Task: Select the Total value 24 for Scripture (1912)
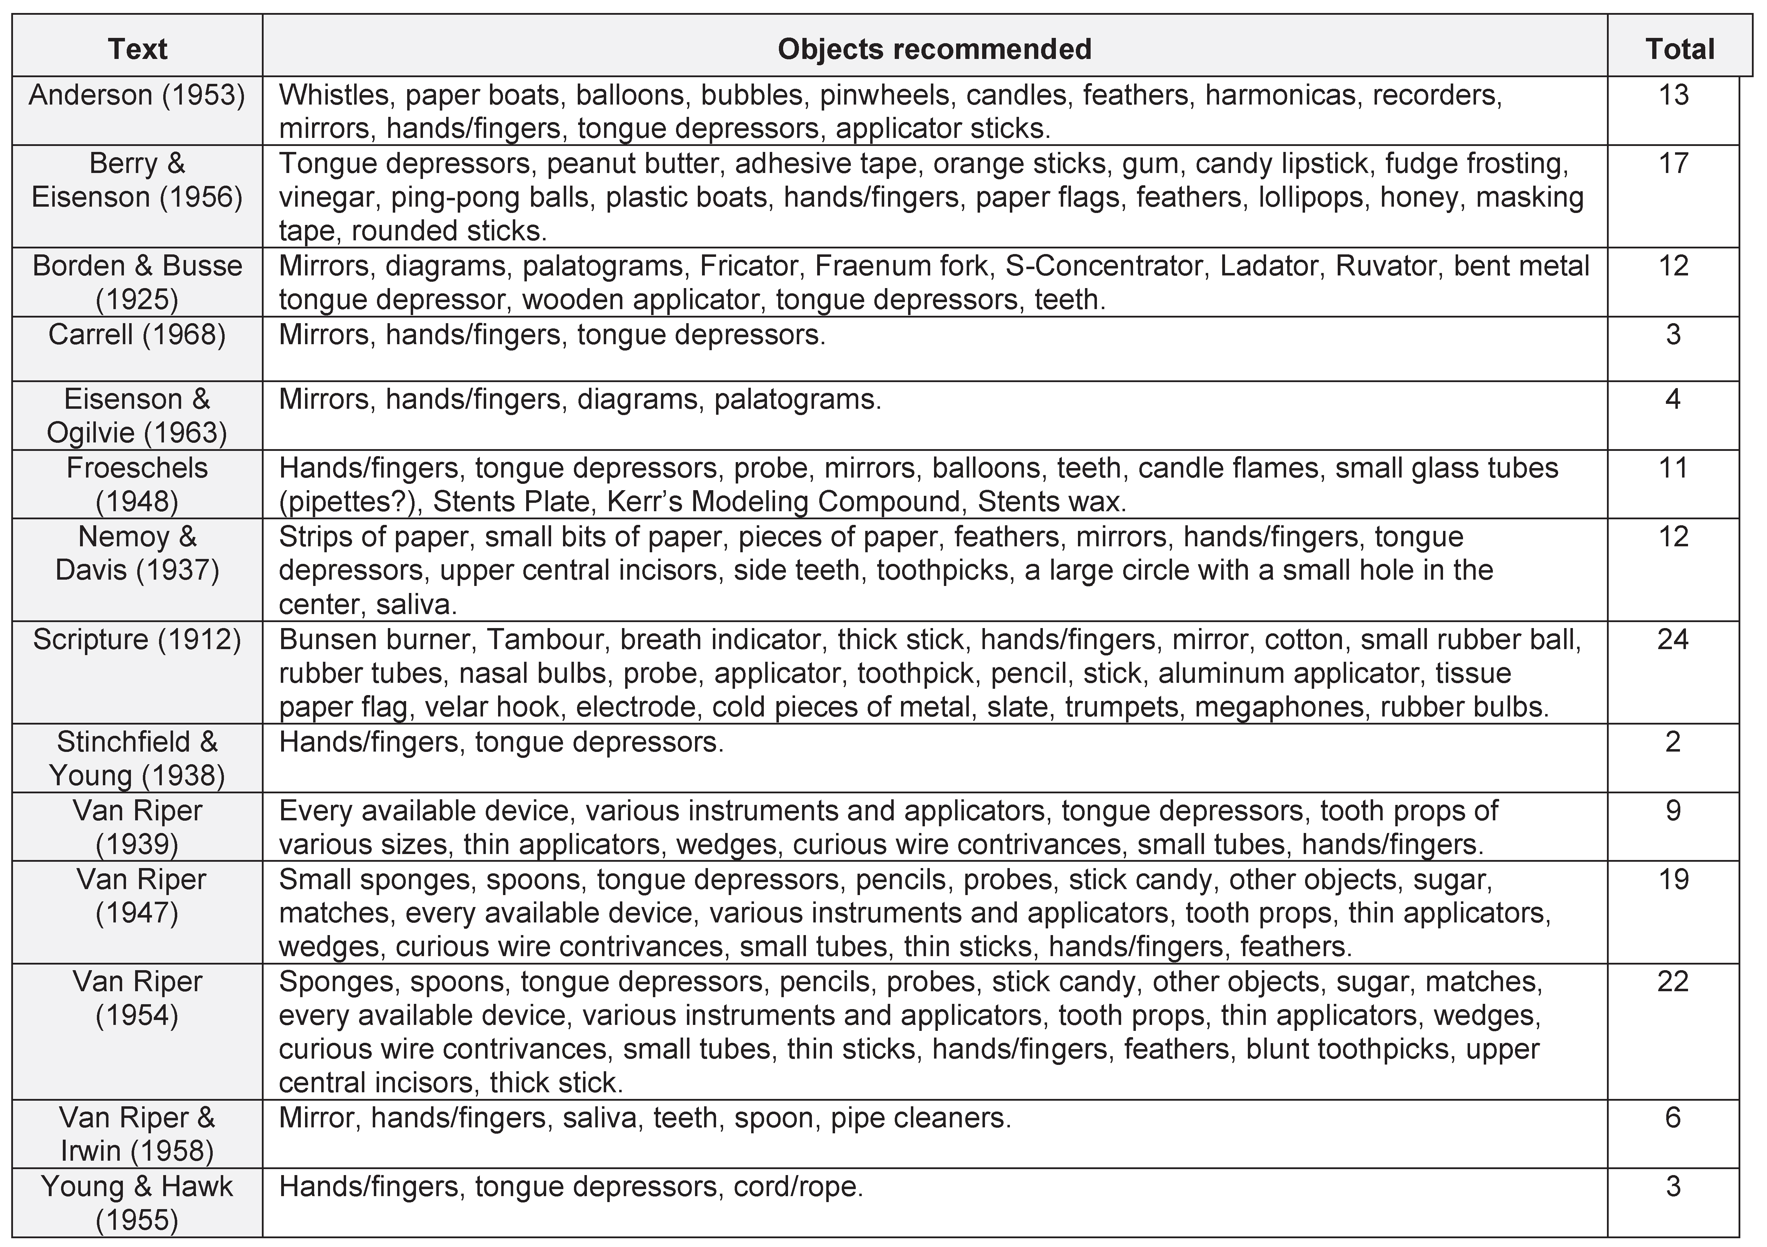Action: tap(1673, 639)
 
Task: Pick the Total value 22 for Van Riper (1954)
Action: tap(1673, 982)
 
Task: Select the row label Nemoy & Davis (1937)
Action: tap(137, 553)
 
